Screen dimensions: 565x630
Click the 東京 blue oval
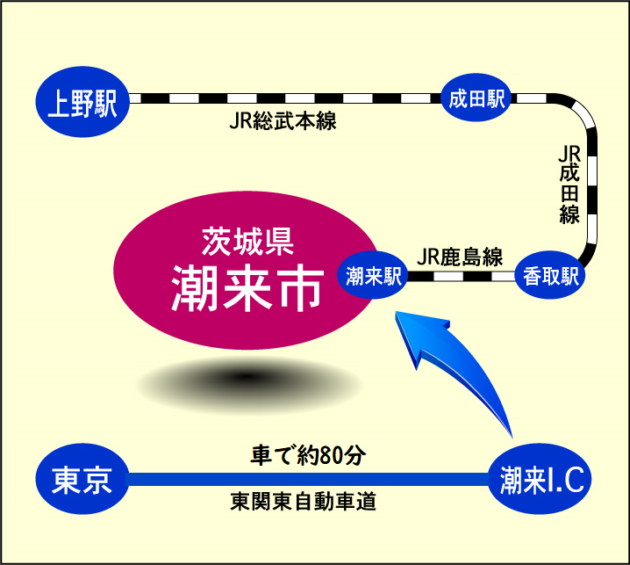[x=81, y=480]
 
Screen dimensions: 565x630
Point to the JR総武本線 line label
[x=283, y=122]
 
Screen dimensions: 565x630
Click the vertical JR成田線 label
[x=569, y=185]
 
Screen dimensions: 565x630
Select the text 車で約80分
[x=307, y=456]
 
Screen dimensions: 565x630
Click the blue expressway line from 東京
[x=307, y=480]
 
